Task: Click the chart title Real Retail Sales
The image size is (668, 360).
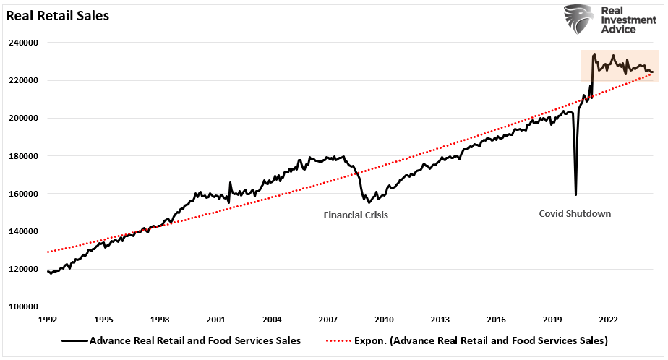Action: [x=58, y=15]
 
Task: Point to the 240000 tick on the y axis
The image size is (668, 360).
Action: [x=24, y=43]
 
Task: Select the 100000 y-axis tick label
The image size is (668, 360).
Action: [x=24, y=307]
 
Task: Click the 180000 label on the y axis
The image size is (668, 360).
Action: [x=24, y=155]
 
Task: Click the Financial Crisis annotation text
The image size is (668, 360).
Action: [x=356, y=215]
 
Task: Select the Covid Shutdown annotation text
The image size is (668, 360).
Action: [x=575, y=214]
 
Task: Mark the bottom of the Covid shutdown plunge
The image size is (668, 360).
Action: [x=575, y=194]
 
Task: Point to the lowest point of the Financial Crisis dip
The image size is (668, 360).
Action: [x=367, y=202]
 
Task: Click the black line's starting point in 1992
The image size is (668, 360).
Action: [x=48, y=272]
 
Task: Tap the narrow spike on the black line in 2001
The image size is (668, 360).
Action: [x=230, y=183]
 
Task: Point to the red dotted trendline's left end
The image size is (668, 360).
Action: [x=48, y=252]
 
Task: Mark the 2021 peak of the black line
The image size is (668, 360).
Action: [x=594, y=54]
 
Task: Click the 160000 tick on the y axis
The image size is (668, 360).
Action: [x=24, y=194]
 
